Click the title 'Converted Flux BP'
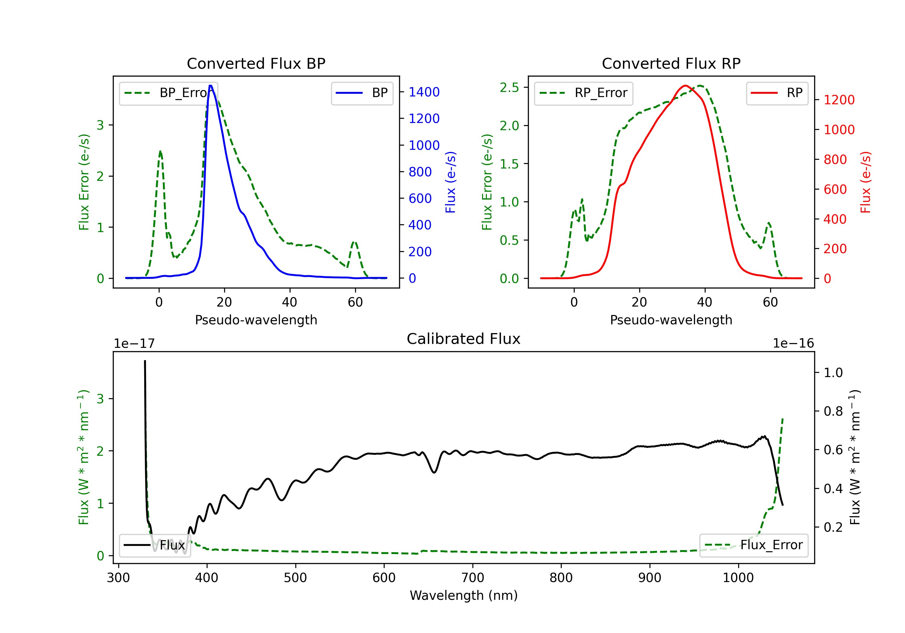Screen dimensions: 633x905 256,63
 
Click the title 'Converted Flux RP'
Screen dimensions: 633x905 671,63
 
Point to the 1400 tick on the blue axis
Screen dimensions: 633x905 424,92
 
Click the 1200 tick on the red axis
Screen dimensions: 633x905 839,100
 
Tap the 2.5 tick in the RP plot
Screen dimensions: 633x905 509,87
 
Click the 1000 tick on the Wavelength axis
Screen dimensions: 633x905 738,578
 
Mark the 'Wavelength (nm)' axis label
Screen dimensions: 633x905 464,595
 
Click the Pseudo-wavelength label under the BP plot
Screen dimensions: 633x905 256,320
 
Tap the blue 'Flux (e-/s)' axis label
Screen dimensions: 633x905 450,182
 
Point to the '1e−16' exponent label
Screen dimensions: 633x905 793,344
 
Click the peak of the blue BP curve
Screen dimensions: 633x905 211,86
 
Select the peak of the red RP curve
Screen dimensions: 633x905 685,86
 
